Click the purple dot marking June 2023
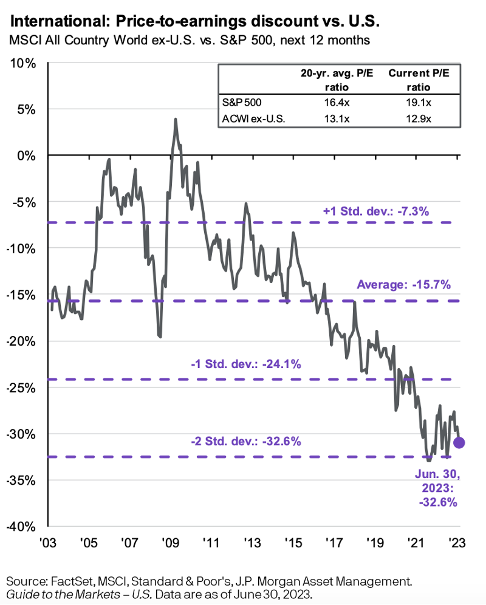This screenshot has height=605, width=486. click(x=459, y=442)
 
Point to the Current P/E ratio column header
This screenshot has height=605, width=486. click(x=415, y=80)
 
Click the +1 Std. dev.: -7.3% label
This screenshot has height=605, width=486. click(x=376, y=211)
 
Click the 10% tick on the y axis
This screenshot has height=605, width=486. click(x=23, y=63)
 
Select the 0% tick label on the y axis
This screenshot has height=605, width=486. click(x=26, y=156)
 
